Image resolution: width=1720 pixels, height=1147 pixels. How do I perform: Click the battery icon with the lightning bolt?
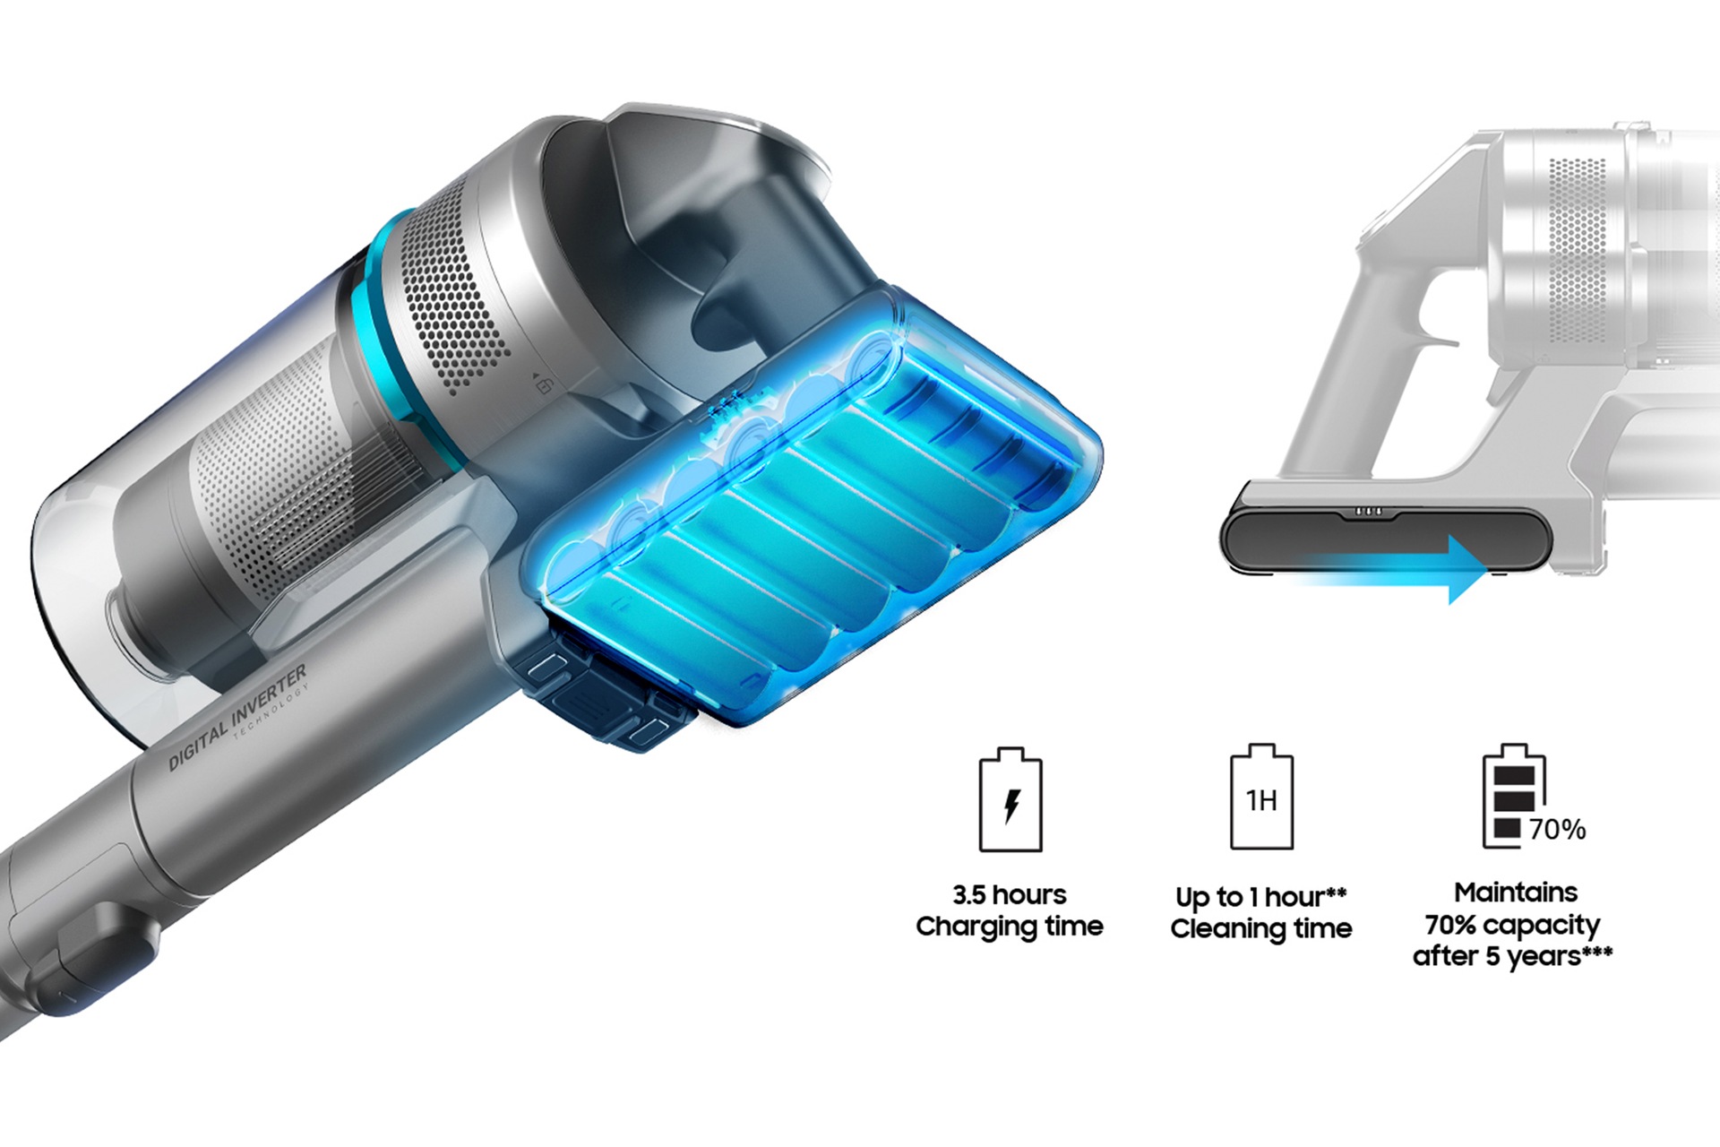point(1010,798)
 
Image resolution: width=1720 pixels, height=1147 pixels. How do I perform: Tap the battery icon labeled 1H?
point(1261,796)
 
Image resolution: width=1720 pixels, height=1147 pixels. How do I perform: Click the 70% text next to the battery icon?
point(1557,830)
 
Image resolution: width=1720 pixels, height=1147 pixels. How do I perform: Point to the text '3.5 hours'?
point(1010,894)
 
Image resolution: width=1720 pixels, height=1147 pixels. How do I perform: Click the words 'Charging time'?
point(1010,927)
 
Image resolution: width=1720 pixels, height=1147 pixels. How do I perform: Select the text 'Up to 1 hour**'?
point(1260,897)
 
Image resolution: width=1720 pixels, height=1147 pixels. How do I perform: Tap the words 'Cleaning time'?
point(1260,928)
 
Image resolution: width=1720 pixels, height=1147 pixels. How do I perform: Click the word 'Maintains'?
point(1516,893)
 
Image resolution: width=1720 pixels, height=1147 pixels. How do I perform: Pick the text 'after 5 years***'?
point(1512,956)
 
